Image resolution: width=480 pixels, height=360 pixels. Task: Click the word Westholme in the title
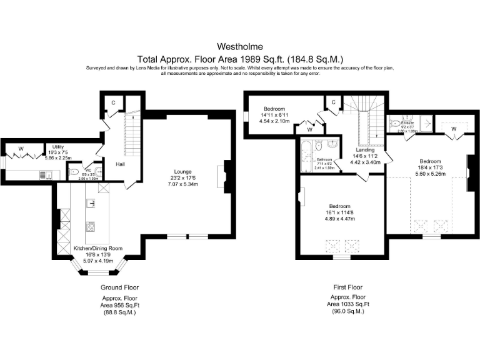pos(240,46)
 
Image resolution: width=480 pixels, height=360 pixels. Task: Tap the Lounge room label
pos(183,171)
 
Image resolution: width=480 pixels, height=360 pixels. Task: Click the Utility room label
pos(59,146)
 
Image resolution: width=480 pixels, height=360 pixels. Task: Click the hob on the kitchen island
pos(91,226)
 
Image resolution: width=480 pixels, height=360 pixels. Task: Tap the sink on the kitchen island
pos(91,202)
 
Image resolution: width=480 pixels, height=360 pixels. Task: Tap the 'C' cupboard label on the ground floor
pos(114,102)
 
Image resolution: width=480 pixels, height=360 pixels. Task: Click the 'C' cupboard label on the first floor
pos(334,102)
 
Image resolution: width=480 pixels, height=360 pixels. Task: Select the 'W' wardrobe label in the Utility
pos(21,148)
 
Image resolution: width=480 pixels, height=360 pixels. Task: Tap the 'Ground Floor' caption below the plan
pos(119,287)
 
